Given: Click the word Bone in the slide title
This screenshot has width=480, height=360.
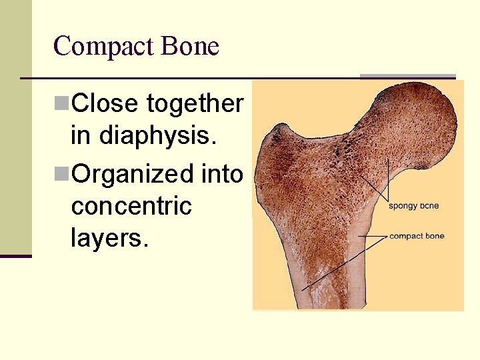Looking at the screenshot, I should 190,47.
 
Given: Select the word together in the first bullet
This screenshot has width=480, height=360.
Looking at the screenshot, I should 195,105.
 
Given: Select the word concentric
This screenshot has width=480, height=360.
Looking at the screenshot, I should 131,206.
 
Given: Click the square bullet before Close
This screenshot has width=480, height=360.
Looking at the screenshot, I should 61,103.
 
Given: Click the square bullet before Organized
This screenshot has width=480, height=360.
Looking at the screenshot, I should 61,173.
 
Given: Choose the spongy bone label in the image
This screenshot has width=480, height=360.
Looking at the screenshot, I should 413,205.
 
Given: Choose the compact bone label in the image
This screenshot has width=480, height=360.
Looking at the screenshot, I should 417,236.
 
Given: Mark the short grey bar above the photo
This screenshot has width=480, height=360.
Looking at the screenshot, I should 407,76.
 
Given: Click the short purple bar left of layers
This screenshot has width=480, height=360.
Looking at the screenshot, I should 15,255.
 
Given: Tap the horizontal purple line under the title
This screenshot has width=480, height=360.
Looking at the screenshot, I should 187,78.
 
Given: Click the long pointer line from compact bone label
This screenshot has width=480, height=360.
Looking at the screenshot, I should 333,267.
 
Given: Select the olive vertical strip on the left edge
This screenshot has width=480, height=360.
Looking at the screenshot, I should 15,127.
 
